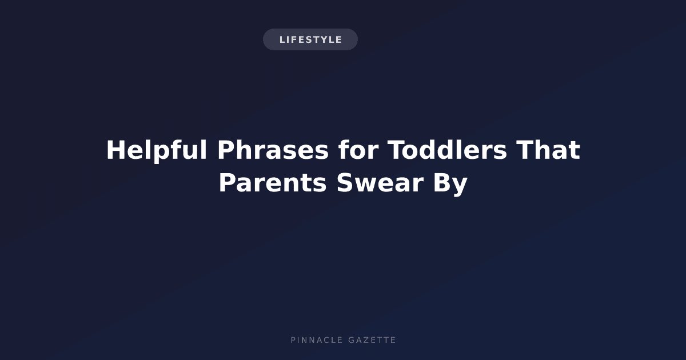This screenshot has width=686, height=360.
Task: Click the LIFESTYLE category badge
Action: [x=310, y=39]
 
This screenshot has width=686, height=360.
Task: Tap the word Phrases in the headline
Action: [x=273, y=150]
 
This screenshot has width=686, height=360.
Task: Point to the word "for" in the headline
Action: [x=358, y=150]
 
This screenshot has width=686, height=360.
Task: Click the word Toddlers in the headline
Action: [x=448, y=150]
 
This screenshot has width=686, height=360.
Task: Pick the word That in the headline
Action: [x=548, y=150]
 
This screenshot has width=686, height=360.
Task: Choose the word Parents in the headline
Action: [x=273, y=183]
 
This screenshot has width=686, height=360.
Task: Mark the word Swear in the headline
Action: [x=380, y=183]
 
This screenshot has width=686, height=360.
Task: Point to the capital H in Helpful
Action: [x=116, y=150]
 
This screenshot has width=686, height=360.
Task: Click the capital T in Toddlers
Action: [x=397, y=150]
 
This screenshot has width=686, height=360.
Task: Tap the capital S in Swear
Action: [x=345, y=183]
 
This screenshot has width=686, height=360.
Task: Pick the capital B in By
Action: [x=441, y=183]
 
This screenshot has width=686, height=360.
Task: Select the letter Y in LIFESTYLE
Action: [x=324, y=39]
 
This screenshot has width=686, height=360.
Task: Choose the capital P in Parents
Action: [x=228, y=183]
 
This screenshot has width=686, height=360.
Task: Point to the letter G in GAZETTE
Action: [x=352, y=340]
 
